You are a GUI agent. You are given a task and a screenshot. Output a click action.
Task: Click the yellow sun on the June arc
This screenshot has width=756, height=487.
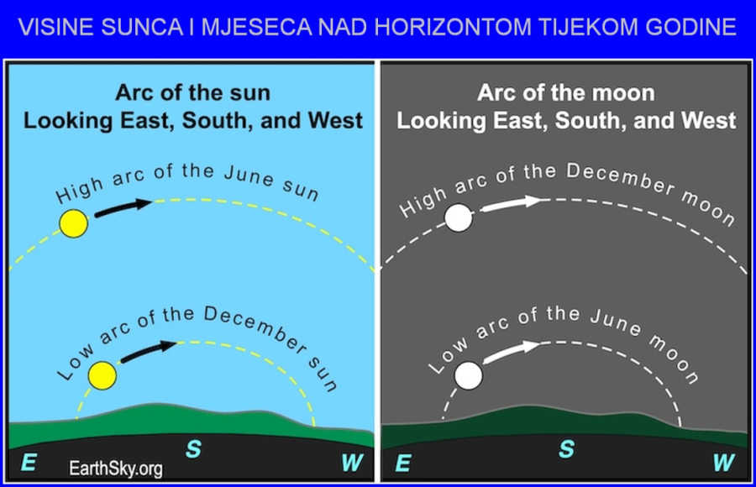(x=73, y=223)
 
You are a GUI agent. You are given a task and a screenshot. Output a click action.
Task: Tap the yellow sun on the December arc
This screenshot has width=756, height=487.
(x=102, y=375)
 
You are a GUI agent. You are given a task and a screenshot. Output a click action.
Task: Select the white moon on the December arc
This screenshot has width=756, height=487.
(x=459, y=217)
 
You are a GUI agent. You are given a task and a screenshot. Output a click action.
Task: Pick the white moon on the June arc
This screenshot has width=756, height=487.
(x=468, y=375)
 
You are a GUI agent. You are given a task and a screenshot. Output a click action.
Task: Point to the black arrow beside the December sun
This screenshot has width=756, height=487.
(x=149, y=352)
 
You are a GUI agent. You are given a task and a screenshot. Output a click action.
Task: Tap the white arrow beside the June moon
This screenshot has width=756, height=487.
(x=511, y=352)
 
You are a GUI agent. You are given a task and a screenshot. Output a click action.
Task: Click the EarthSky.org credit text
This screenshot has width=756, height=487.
(x=116, y=469)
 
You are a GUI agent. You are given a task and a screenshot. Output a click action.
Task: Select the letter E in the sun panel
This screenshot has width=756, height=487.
(x=29, y=463)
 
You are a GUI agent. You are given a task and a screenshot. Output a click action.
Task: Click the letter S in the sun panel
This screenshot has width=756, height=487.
(x=193, y=449)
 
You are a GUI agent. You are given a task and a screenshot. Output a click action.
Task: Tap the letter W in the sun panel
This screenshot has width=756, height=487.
(x=352, y=463)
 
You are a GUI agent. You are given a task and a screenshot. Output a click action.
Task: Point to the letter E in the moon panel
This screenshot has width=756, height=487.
(x=403, y=463)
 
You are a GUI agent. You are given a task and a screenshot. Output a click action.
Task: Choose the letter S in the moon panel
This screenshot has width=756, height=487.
(x=566, y=449)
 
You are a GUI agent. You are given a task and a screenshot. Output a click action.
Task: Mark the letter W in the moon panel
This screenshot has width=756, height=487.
(x=724, y=463)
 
